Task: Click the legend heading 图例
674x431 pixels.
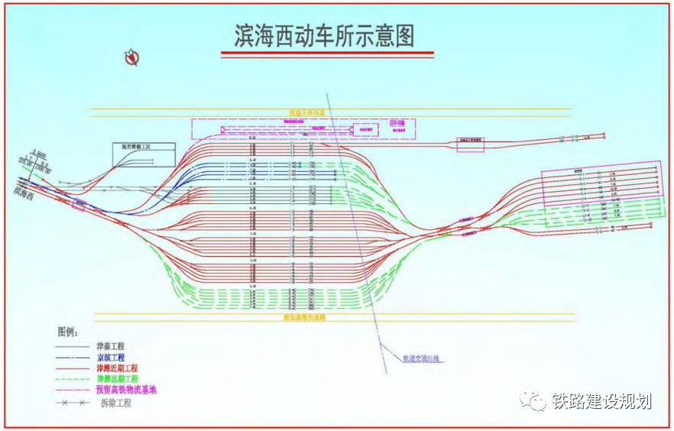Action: tap(68, 332)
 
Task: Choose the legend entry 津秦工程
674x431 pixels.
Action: tap(112, 346)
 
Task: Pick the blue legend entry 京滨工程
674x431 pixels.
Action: tap(112, 357)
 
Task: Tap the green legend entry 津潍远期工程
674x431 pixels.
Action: tap(117, 378)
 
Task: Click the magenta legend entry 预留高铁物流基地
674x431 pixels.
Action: tap(125, 390)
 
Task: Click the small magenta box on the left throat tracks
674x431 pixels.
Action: tap(79, 203)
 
